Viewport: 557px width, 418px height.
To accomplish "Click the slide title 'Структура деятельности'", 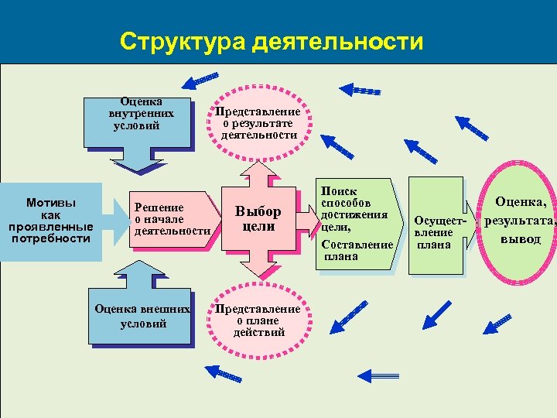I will pyautogui.click(x=272, y=41).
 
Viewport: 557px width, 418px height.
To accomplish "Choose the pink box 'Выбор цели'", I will pyautogui.click(x=258, y=220).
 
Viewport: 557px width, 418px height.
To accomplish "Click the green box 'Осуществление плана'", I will pyautogui.click(x=435, y=227).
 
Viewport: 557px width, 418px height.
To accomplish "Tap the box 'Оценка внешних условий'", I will pyautogui.click(x=141, y=317).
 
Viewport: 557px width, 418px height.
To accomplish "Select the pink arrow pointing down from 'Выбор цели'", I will pyautogui.click(x=258, y=266).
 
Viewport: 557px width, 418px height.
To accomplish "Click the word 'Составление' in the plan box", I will pyautogui.click(x=357, y=245).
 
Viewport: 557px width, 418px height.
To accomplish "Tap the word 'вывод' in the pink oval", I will pyautogui.click(x=520, y=238).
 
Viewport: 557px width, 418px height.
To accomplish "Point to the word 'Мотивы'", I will pyautogui.click(x=50, y=204).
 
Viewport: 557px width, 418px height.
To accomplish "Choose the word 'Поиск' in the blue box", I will pyautogui.click(x=338, y=190).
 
